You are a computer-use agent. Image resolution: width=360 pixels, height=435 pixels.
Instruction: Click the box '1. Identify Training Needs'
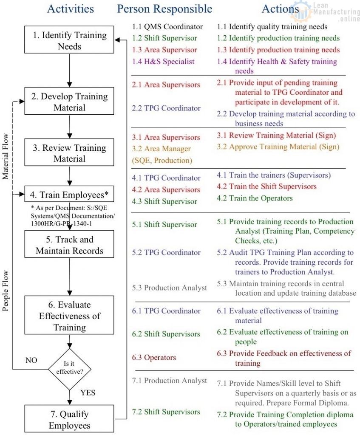pyautogui.click(x=69, y=40)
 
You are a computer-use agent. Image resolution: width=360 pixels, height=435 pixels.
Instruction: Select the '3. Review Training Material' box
pyautogui.click(x=69, y=153)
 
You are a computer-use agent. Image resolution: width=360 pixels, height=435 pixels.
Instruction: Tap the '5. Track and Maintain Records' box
pyautogui.click(x=69, y=245)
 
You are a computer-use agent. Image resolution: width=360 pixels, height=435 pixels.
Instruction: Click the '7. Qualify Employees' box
pyautogui.click(x=69, y=420)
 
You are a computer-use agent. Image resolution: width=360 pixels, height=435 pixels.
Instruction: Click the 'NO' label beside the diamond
pyautogui.click(x=31, y=360)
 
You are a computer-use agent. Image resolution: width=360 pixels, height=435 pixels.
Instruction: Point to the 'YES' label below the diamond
pyautogui.click(x=88, y=392)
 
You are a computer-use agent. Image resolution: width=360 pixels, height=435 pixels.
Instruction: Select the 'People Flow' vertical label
pyautogui.click(x=6, y=290)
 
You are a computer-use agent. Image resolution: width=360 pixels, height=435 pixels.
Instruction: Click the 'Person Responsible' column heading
pyautogui.click(x=164, y=8)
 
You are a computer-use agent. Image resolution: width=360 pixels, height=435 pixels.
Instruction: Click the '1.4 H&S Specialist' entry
pyautogui.click(x=163, y=61)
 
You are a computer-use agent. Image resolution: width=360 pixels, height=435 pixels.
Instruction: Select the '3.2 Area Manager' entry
pyautogui.click(x=162, y=149)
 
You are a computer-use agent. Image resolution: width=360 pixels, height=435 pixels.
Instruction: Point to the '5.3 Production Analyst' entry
pyautogui.click(x=170, y=288)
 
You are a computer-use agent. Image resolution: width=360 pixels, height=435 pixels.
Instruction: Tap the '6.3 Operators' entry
pyautogui.click(x=154, y=357)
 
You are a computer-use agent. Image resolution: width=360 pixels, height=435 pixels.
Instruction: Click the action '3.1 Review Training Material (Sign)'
pyautogui.click(x=276, y=136)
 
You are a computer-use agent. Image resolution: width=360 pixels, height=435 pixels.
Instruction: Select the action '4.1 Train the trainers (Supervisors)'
pyautogui.click(x=274, y=175)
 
